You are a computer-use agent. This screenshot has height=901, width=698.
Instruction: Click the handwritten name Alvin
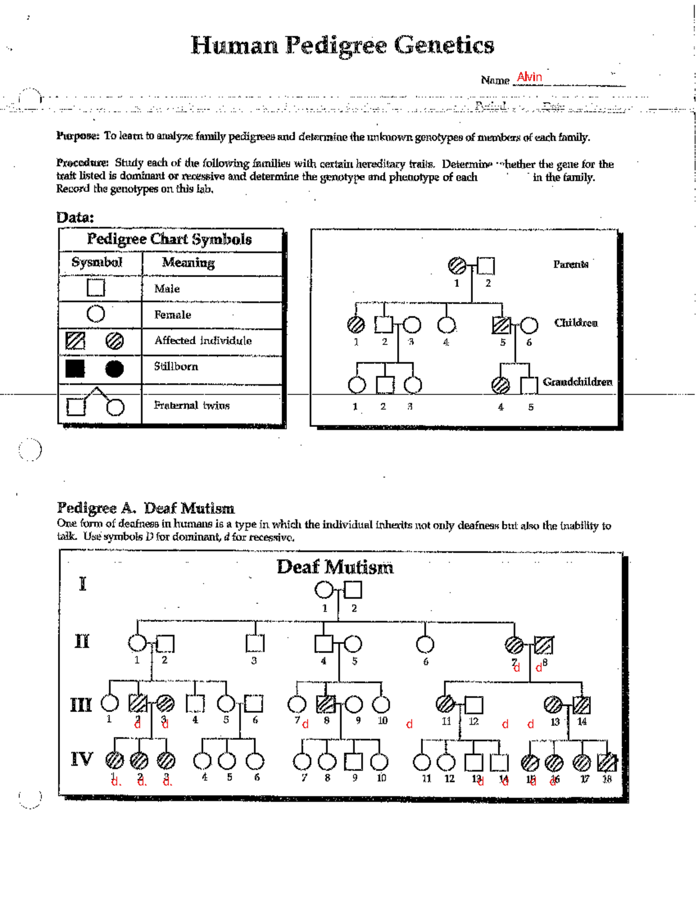pyautogui.click(x=529, y=77)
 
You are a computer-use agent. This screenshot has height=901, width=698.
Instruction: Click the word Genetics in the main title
pyautogui.click(x=444, y=45)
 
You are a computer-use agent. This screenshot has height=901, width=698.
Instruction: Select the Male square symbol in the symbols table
pyautogui.click(x=96, y=288)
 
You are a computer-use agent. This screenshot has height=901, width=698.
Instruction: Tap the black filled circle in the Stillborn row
pyautogui.click(x=115, y=369)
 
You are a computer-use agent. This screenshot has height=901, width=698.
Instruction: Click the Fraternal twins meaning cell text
pyautogui.click(x=191, y=405)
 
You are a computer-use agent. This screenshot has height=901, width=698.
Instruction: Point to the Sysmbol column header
pyautogui.click(x=97, y=262)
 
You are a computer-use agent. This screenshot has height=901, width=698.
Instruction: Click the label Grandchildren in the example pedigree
pyautogui.click(x=577, y=382)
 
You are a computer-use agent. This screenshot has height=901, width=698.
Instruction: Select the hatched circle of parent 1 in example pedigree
pyautogui.click(x=457, y=266)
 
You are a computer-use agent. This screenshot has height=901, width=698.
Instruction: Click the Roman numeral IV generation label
pyautogui.click(x=82, y=759)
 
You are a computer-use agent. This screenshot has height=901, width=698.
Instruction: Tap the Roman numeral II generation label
pyautogui.click(x=82, y=641)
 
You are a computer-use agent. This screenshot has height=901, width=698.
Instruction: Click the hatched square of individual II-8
pyautogui.click(x=544, y=644)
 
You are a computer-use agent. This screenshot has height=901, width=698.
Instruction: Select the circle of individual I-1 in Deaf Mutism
pyautogui.click(x=323, y=590)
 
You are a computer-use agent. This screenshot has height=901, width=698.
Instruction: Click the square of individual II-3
pyautogui.click(x=255, y=643)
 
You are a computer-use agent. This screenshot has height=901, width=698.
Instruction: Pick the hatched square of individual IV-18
pyautogui.click(x=607, y=761)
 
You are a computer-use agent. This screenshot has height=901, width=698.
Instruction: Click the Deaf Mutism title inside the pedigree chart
pyautogui.click(x=335, y=567)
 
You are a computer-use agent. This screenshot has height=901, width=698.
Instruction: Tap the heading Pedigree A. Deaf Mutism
pyautogui.click(x=145, y=508)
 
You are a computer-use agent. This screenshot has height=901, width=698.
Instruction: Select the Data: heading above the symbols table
pyautogui.click(x=75, y=218)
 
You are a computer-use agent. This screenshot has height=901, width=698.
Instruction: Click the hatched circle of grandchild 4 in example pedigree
pyautogui.click(x=501, y=385)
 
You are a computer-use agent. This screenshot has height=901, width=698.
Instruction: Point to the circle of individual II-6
pyautogui.click(x=425, y=644)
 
